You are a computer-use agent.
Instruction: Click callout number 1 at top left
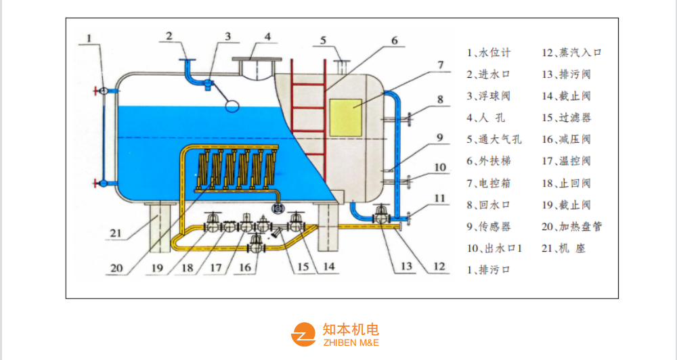click(89, 39)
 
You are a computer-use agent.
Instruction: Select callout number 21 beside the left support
click(116, 233)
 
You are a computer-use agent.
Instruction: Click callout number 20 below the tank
click(116, 267)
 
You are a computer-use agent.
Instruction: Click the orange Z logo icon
click(303, 334)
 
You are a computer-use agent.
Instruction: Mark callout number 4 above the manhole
click(267, 36)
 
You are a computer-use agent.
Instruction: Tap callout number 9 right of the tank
click(439, 137)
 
